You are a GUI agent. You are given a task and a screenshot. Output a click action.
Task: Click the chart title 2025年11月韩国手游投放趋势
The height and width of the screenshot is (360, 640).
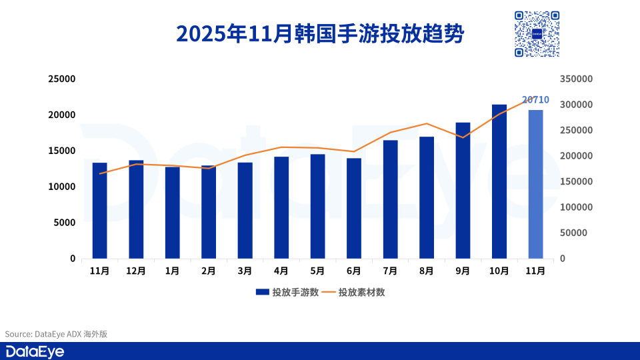pyautogui.click(x=319, y=34)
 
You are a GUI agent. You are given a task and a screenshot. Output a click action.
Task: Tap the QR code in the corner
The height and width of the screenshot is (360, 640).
pyautogui.click(x=536, y=34)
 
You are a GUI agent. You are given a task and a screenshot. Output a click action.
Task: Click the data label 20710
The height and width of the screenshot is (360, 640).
pyautogui.click(x=535, y=100)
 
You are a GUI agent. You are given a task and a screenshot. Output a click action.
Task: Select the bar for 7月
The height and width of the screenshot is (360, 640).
pyautogui.click(x=390, y=199)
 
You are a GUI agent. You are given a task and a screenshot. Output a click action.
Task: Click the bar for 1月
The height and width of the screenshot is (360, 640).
pyautogui.click(x=173, y=213)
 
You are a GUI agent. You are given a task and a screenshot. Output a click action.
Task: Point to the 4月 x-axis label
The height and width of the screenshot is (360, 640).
pyautogui.click(x=281, y=271)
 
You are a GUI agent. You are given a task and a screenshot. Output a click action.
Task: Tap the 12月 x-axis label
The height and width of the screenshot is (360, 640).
pyautogui.click(x=136, y=271)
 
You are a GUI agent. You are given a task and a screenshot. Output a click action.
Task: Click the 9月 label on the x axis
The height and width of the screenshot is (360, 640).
pyautogui.click(x=463, y=271)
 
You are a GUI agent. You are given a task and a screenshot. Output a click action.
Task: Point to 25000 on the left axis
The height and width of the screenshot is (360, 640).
pyautogui.click(x=62, y=79)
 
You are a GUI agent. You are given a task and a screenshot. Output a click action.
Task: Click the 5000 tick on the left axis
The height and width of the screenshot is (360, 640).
pyautogui.click(x=65, y=223)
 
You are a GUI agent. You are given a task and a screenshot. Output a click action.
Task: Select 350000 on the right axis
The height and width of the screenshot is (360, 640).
pyautogui.click(x=576, y=79)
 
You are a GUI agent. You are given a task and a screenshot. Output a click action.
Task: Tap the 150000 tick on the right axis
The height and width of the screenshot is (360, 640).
pyautogui.click(x=576, y=181)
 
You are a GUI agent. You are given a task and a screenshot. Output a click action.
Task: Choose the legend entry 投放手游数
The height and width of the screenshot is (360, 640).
pyautogui.click(x=287, y=292)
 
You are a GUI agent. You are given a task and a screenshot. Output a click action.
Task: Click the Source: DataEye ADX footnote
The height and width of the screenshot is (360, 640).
pyautogui.click(x=56, y=334)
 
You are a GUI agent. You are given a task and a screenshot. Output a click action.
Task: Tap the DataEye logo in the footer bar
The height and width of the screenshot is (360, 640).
pyautogui.click(x=35, y=351)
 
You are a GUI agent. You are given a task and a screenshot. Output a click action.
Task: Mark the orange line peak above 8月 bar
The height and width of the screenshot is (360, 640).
pyautogui.click(x=427, y=123)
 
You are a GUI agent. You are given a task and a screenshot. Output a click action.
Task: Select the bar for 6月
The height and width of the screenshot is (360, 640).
pyautogui.click(x=354, y=208)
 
